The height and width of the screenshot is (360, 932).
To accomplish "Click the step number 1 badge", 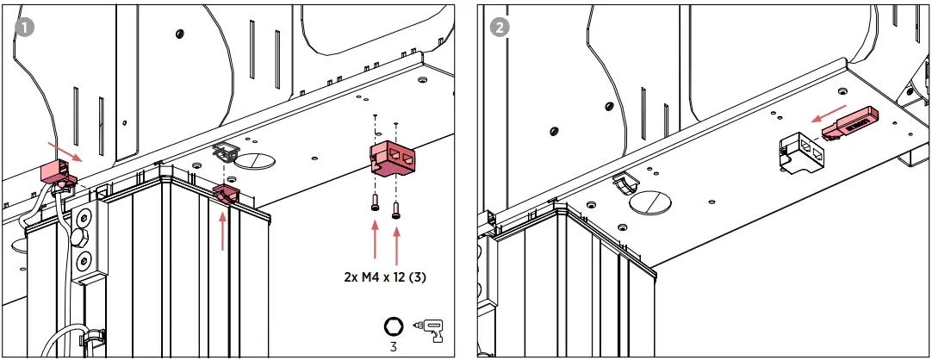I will tap(26, 27).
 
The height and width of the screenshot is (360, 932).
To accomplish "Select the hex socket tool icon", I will tap(393, 326).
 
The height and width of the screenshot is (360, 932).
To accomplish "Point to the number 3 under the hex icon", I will tap(393, 347).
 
